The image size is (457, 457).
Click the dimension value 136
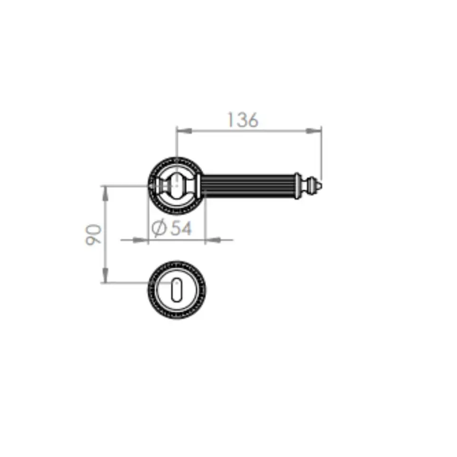coord(243,120)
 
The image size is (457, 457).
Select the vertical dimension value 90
coord(94,235)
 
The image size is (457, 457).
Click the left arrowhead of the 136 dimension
coord(184,131)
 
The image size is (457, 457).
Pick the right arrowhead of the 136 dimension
coord(313,131)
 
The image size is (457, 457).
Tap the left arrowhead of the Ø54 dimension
coord(140,240)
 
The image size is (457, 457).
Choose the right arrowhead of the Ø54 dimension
coord(213,240)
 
